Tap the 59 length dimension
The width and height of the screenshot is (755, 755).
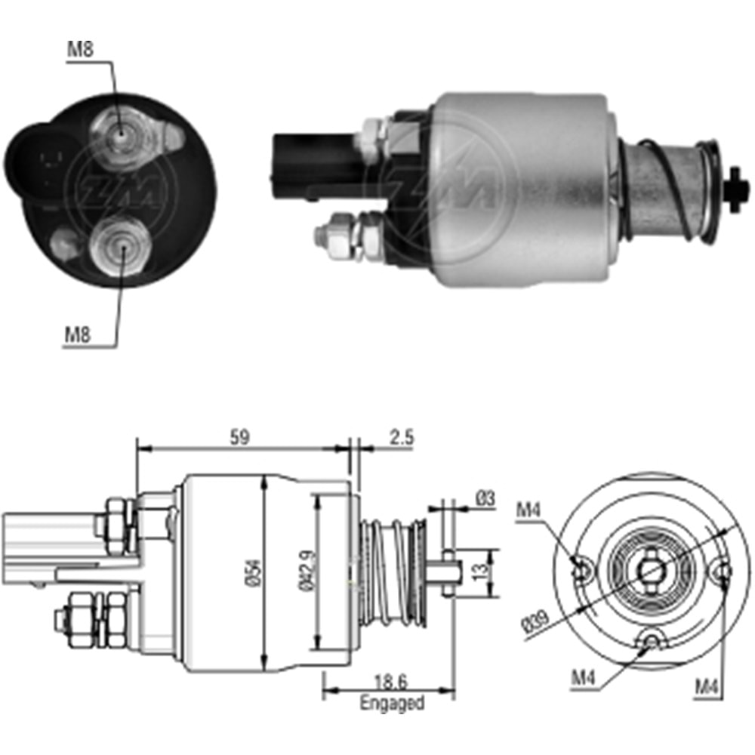point(239,436)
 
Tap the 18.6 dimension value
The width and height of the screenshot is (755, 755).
point(391,683)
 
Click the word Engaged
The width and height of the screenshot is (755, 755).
point(392,704)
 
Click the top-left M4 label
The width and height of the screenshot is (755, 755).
point(528,510)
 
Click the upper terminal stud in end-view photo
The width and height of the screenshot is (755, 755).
point(119,134)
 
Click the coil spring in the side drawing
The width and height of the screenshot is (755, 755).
point(395,572)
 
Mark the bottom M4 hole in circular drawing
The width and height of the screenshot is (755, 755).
point(652,642)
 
